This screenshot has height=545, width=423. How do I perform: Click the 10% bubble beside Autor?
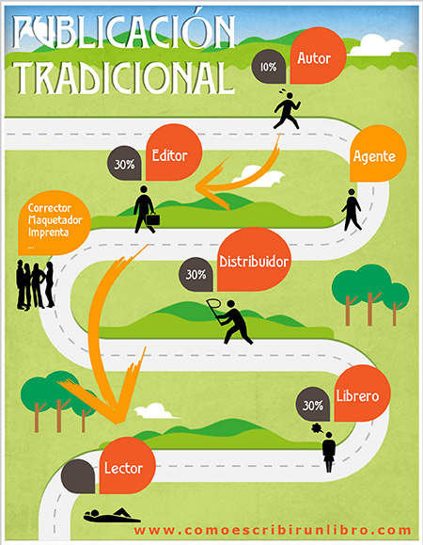269,67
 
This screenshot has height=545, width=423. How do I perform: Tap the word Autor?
314,58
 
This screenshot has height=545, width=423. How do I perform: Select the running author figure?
287,110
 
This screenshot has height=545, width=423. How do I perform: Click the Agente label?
374,156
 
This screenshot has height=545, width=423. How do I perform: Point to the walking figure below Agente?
352,210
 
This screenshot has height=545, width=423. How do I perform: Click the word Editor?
170,155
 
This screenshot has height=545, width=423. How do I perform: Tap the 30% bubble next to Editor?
124,164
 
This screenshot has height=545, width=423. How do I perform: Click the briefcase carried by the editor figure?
152,219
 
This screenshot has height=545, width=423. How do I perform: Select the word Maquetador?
55,220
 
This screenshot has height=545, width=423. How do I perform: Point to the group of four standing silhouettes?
36,285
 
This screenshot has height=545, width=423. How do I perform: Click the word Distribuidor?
254,262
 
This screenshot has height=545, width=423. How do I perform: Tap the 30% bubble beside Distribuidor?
196,274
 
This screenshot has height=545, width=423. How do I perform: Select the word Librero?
357,396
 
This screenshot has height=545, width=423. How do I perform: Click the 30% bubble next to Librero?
313,405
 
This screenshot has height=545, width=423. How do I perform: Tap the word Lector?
123,468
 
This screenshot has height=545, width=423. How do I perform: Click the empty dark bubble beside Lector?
78,476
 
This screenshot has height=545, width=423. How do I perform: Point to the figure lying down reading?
112,515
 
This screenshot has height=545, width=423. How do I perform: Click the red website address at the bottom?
273,530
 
